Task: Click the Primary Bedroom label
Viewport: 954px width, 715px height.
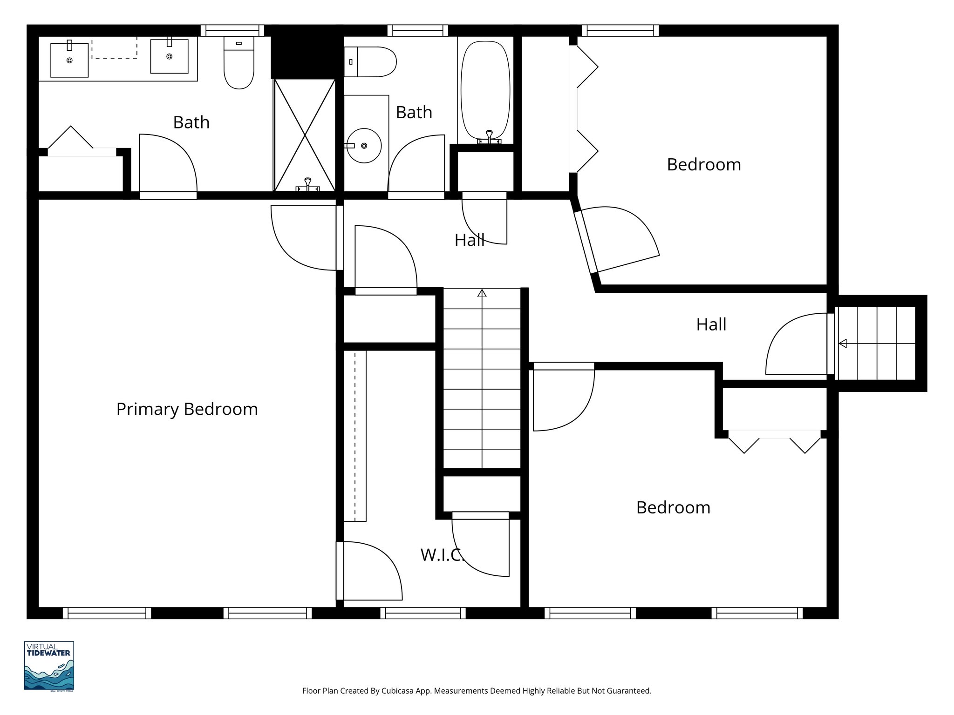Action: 187,409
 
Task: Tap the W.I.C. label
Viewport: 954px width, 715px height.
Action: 442,555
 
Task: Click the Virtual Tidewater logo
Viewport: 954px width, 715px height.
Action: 49,666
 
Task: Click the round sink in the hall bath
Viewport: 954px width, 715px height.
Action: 364,146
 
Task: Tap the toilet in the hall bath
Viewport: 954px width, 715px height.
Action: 371,61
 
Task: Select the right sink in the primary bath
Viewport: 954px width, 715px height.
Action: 169,56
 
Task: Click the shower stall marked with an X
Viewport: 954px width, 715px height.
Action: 305,135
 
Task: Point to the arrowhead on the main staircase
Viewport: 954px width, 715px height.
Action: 482,293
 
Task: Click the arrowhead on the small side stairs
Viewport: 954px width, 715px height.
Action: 843,344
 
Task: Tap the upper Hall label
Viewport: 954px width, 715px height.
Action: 470,240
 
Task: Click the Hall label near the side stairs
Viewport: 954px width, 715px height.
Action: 711,324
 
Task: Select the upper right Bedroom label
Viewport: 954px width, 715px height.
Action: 703,164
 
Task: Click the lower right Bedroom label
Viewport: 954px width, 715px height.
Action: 673,507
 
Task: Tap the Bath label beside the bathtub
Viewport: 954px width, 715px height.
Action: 414,112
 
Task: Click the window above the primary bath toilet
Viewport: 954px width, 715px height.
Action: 232,30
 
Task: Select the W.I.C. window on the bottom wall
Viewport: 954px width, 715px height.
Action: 423,613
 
